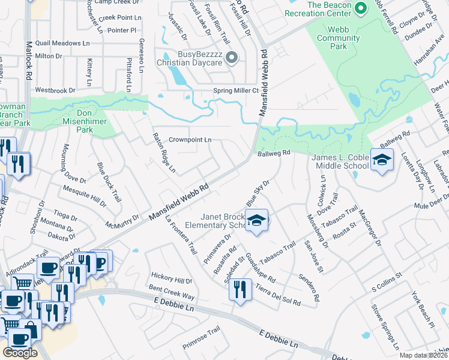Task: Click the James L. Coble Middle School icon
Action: click(x=381, y=160)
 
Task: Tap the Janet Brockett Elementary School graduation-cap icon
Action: click(x=256, y=221)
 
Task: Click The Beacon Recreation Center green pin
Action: click(x=360, y=8)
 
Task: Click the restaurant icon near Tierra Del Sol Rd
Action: click(x=240, y=290)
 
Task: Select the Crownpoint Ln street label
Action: click(x=190, y=139)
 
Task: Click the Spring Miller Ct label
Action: click(x=236, y=91)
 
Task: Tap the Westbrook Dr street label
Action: click(x=55, y=90)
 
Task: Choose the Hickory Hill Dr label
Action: click(x=171, y=280)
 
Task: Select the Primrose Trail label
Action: click(x=202, y=340)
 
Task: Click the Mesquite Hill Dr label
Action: click(x=84, y=196)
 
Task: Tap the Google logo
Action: click(x=20, y=352)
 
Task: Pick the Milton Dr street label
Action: click(x=49, y=56)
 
